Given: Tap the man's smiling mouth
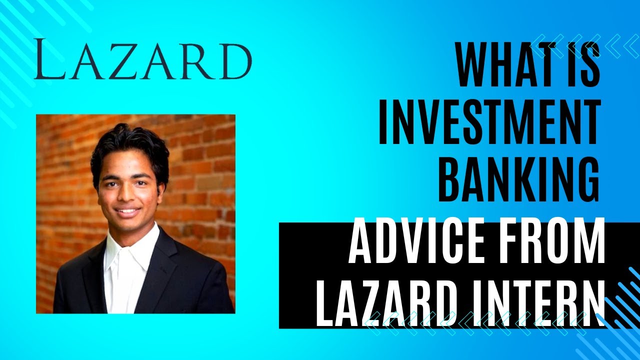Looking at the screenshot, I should pos(128,211).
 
